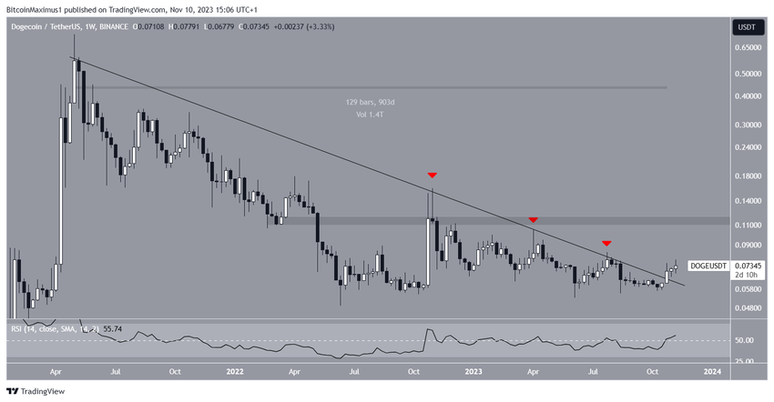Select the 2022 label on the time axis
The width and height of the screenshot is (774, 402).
(x=235, y=371)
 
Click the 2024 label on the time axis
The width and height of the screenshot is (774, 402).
(x=713, y=371)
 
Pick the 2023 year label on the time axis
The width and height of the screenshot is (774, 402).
(x=474, y=371)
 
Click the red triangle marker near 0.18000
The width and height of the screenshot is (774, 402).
(x=432, y=174)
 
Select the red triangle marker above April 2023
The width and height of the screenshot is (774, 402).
(x=533, y=220)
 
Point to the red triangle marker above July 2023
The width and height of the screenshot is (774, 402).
(x=606, y=244)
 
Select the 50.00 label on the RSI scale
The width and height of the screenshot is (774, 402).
(x=745, y=340)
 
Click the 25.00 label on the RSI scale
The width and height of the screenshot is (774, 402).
(x=745, y=360)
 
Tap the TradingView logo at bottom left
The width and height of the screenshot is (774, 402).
(x=38, y=391)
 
